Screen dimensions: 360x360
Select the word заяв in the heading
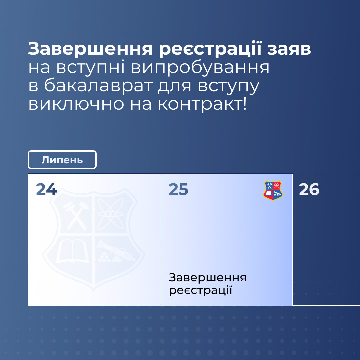click(289, 49)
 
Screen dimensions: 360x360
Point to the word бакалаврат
click(98, 86)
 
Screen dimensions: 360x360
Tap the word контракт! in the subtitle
click(202, 104)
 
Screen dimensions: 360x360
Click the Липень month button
click(62, 160)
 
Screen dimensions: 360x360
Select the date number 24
click(46, 189)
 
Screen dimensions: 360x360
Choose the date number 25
click(178, 189)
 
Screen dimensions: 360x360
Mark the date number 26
click(309, 189)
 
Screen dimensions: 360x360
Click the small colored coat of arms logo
click(273, 191)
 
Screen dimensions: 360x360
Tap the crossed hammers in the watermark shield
click(76, 215)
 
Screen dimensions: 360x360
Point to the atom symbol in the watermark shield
click(110, 214)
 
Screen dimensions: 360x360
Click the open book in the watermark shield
click(73, 251)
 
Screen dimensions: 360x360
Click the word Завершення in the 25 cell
click(208, 277)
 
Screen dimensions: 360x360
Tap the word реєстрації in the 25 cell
click(200, 290)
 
